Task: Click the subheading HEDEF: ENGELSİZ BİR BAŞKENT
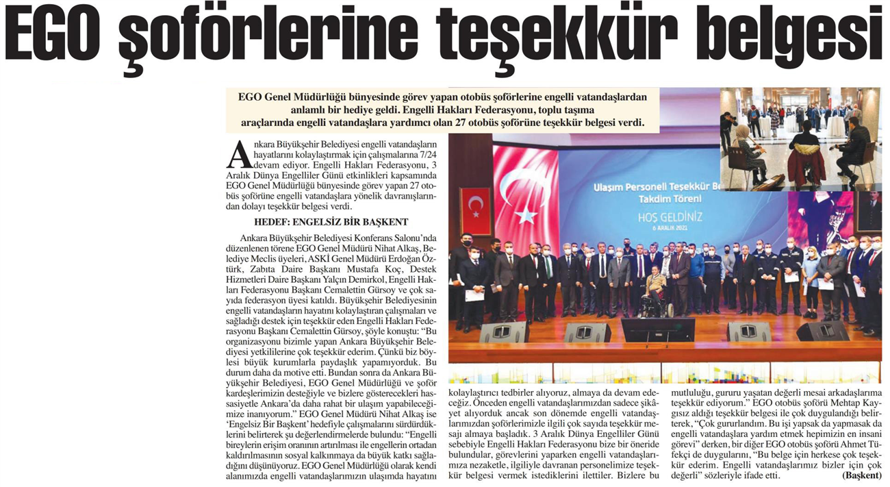click(x=331, y=222)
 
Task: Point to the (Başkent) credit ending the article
click(x=862, y=475)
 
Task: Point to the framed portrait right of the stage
click(x=869, y=212)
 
